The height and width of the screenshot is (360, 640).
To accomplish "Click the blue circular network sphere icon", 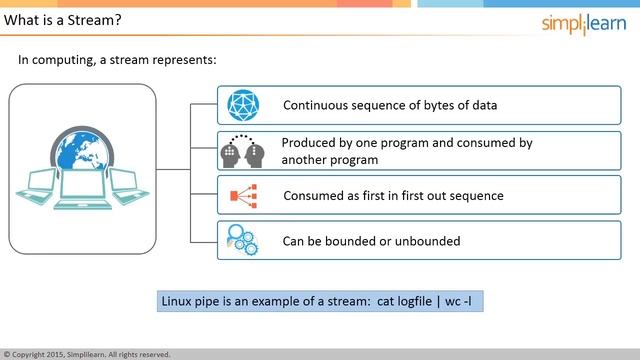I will pyautogui.click(x=242, y=105).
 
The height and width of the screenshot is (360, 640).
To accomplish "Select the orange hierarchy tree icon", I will pyautogui.click(x=241, y=196).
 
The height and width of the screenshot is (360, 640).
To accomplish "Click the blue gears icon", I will pyautogui.click(x=241, y=240).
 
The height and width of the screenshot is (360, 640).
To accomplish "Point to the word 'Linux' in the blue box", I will pyautogui.click(x=180, y=301).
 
